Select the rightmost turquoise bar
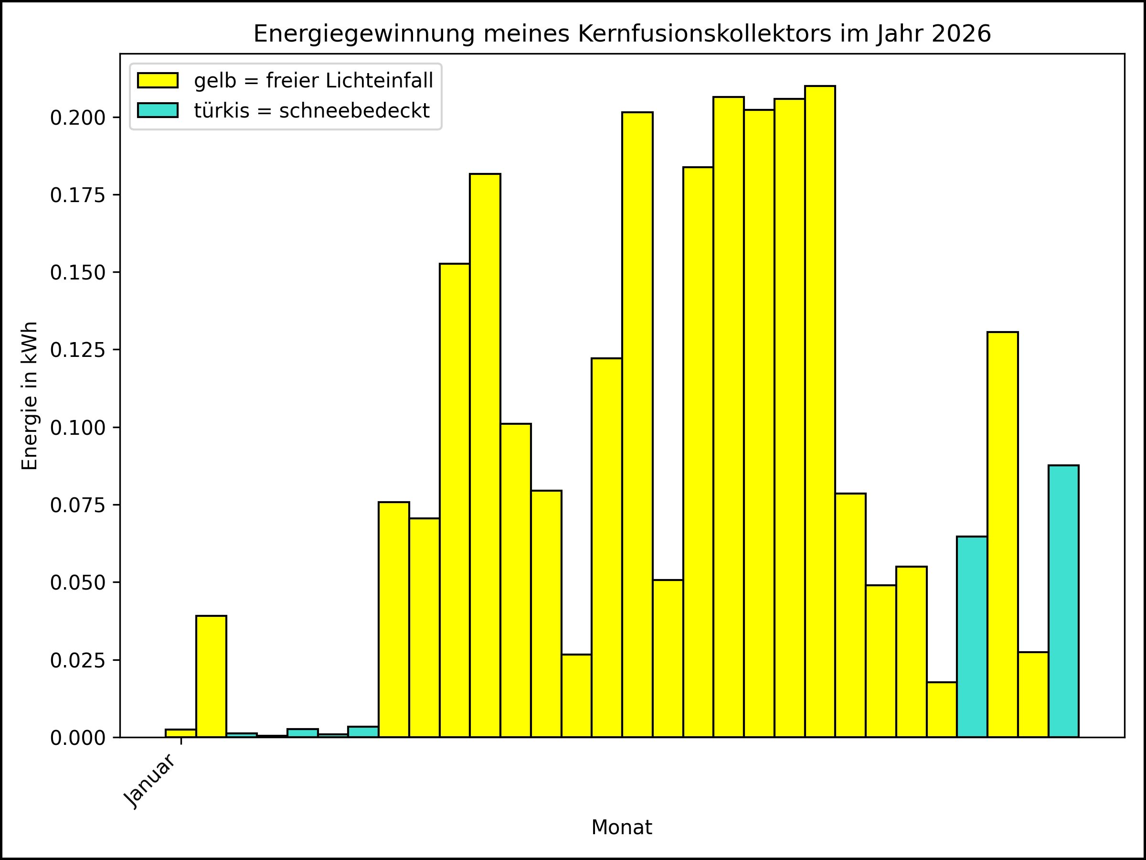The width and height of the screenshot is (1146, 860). click(1063, 602)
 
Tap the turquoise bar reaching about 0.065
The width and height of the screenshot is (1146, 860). click(972, 636)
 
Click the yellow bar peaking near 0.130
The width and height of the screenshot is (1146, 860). click(1002, 534)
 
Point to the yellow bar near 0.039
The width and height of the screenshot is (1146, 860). click(211, 676)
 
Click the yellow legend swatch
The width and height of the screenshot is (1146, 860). click(158, 80)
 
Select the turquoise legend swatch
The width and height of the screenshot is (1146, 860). click(158, 110)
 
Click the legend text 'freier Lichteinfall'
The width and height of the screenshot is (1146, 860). click(349, 80)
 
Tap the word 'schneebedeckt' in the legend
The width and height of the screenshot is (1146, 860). click(354, 110)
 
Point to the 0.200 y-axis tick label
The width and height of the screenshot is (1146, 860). click(77, 118)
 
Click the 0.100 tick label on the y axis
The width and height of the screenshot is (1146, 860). click(77, 428)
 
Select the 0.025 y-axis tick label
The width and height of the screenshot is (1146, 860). click(77, 661)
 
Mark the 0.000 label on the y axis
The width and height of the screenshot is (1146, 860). click(77, 738)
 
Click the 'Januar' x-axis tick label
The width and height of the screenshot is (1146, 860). click(151, 781)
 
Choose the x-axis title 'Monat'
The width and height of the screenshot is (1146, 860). click(621, 828)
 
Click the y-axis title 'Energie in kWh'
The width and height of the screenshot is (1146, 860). click(30, 396)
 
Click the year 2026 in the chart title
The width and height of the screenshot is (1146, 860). click(961, 34)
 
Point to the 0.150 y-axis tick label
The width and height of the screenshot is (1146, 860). click(77, 273)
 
